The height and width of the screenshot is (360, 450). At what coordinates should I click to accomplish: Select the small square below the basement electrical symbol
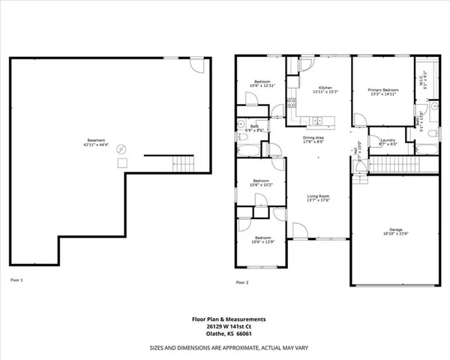coord(122,162)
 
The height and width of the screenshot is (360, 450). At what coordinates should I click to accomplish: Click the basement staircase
coord(183,164)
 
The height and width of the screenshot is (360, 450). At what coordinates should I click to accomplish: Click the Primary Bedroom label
coord(383,91)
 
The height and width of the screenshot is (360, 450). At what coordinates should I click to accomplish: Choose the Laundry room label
coord(388,142)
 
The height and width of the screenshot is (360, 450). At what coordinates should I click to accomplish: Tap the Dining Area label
coord(313,140)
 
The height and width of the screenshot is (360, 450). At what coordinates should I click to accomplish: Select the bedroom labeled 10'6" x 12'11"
coord(261,83)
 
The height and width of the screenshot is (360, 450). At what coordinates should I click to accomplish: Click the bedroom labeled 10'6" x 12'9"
coord(261,240)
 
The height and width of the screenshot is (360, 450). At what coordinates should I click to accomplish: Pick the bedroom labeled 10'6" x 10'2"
coord(261,182)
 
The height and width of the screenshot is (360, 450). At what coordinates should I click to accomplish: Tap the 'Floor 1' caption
coord(16,280)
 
